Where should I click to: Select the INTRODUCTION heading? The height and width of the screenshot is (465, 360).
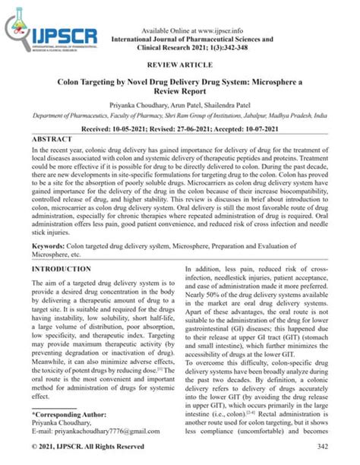[x=66, y=269]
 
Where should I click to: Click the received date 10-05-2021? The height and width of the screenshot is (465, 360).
[x=134, y=130]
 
